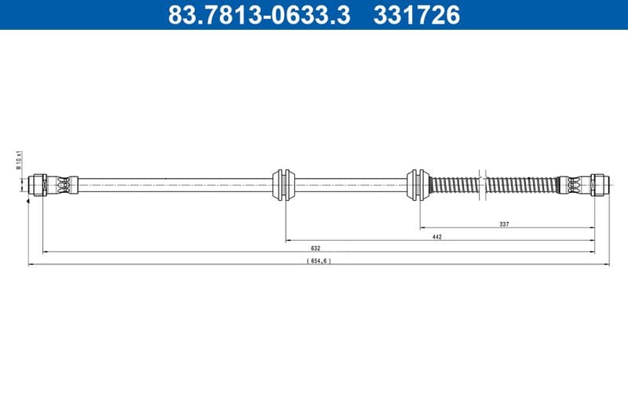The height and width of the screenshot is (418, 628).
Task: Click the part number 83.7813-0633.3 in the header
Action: point(259,15)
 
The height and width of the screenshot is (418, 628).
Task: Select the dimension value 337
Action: point(504,224)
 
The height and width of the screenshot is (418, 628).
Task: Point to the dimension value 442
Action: point(436,236)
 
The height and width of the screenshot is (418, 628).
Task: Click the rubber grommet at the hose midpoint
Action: point(284,185)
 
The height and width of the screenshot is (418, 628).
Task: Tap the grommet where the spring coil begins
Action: point(416,185)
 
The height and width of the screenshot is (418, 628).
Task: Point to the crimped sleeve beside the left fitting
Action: point(64,185)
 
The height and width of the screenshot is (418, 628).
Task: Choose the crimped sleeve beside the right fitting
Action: point(571,185)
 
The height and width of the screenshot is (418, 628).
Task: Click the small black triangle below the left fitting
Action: point(29,202)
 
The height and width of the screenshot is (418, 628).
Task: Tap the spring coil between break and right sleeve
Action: point(520,185)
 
